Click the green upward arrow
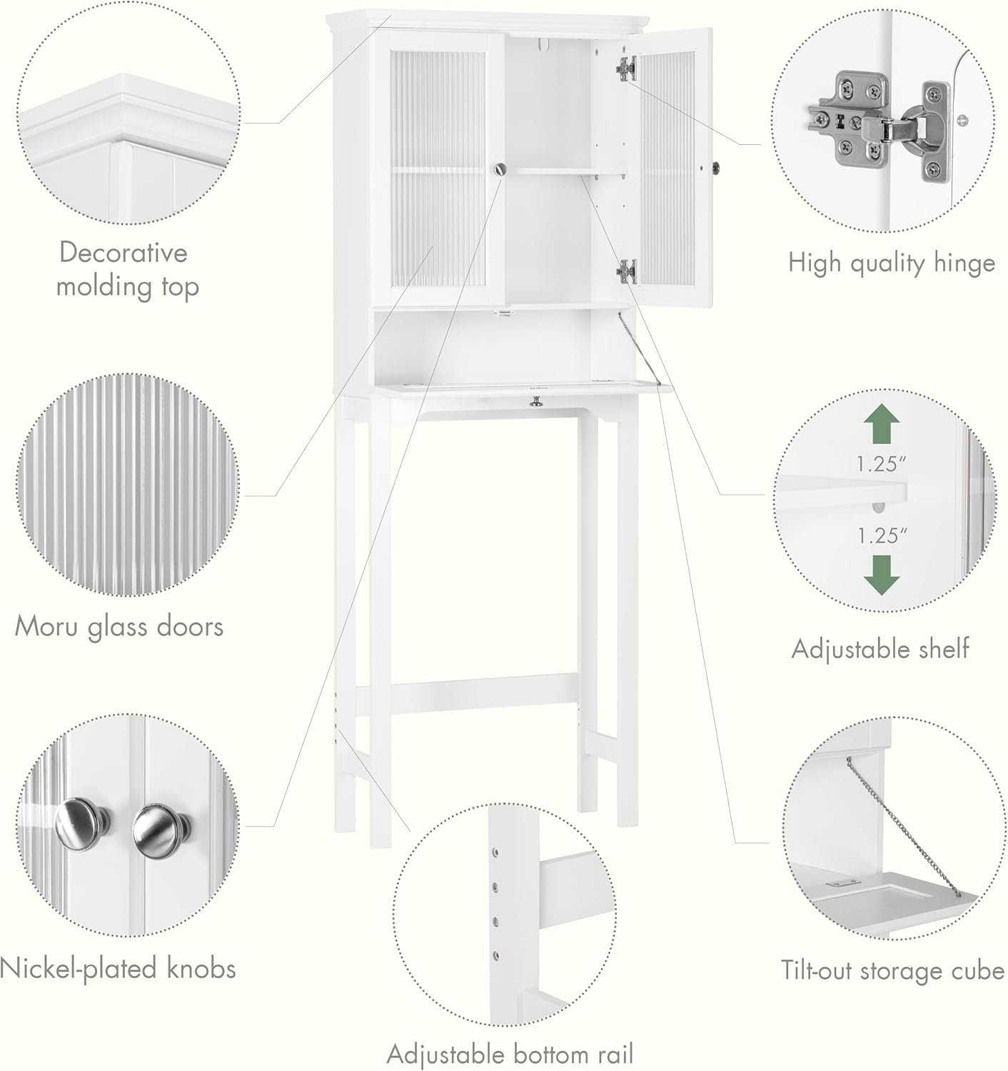pyautogui.click(x=881, y=423)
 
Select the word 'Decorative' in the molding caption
pyautogui.click(x=123, y=252)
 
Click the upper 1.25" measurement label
pyautogui.click(x=881, y=464)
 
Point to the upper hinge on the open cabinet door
pyautogui.click(x=626, y=69)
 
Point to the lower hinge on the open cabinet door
pyautogui.click(x=626, y=271)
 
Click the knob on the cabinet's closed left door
pyautogui.click(x=500, y=169)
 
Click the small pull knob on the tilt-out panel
pyautogui.click(x=535, y=402)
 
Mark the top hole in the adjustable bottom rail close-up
pyautogui.click(x=495, y=853)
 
